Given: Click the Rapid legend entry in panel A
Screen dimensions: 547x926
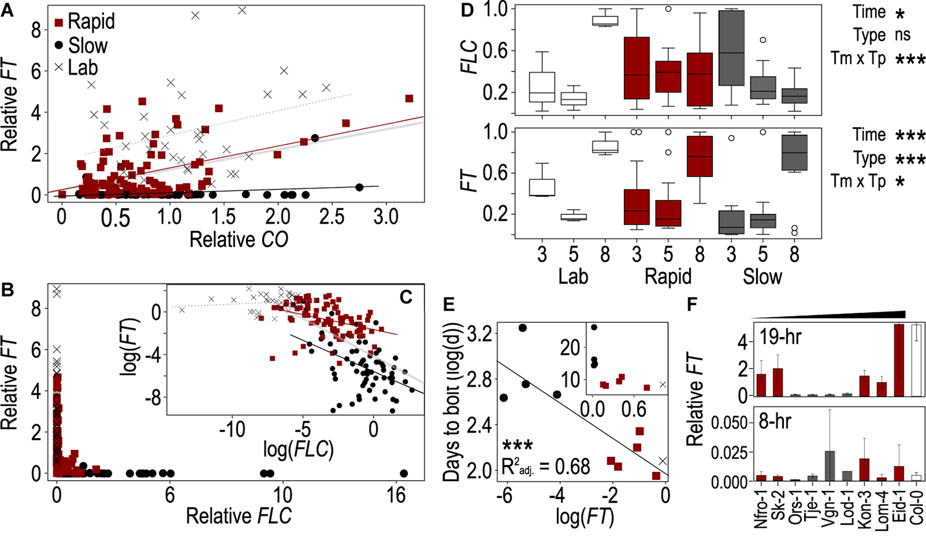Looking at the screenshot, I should point(84,22).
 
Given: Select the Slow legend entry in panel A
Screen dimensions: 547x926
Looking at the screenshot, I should point(81,45).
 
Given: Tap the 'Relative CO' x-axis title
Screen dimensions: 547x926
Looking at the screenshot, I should point(238,240).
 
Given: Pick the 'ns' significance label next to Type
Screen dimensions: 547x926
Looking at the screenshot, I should point(902,35).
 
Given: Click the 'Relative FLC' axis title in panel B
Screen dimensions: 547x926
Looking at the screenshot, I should point(238,516).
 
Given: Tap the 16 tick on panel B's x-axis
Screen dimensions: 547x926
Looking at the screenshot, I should point(396,495).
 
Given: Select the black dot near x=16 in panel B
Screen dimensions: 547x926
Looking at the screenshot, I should point(403,474).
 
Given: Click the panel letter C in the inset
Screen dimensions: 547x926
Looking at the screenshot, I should point(406,297).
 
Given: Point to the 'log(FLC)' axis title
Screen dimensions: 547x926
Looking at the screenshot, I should point(298,450).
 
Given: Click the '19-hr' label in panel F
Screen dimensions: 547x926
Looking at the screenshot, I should point(780,337).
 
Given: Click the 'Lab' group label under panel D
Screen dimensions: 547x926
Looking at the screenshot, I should point(573,277).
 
